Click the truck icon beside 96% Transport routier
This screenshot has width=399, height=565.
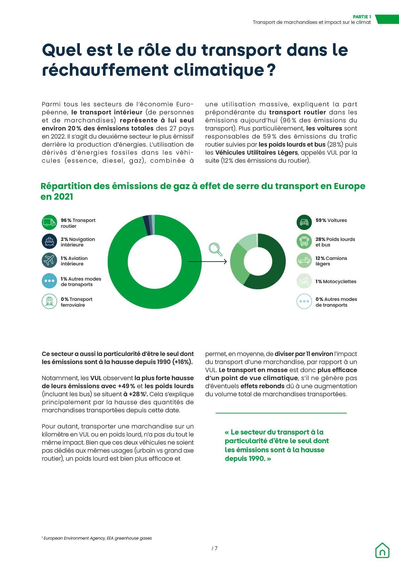pos(49,222)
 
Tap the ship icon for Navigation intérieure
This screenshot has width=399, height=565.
pos(49,241)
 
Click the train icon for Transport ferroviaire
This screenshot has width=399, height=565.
pos(49,301)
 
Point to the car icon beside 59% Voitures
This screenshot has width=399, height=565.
pos(304,222)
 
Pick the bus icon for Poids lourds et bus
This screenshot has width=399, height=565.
pos(304,241)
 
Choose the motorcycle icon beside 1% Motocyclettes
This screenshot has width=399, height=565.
pos(304,281)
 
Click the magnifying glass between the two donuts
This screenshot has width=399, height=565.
pos(215,249)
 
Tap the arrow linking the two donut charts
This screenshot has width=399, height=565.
pos(208,262)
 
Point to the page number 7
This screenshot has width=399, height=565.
pos(215,548)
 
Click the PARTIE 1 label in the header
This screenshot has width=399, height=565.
pos(362,17)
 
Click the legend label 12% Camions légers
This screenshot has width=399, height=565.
pos(331,261)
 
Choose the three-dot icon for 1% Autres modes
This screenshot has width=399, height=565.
pos(49,281)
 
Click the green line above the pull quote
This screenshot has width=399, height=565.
pos(281,413)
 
